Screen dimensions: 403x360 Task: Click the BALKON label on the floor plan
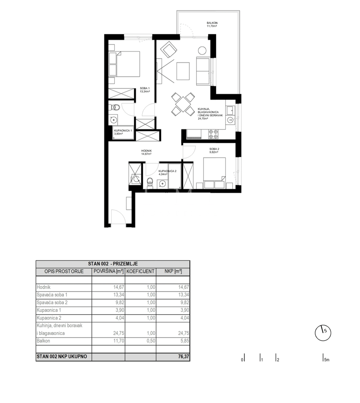tap(212, 23)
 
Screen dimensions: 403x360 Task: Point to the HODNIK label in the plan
tap(146, 151)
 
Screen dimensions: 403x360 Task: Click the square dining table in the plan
tap(183, 104)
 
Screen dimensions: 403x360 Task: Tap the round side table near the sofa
tap(202, 50)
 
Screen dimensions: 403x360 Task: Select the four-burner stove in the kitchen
tap(213, 134)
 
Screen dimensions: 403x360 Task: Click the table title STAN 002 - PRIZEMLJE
tap(113, 263)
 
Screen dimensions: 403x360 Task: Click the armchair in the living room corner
tap(168, 50)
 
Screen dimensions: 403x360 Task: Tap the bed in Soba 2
tap(215, 172)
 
